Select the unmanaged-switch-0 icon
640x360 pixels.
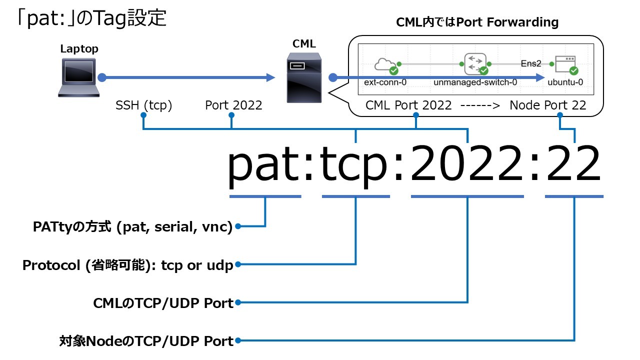pos(475,63)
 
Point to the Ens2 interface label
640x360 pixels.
pos(531,63)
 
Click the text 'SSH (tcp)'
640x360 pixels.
pos(143,105)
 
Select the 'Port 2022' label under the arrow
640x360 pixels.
pos(233,105)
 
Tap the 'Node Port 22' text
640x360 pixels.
pos(547,105)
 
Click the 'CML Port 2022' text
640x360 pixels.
pos(408,105)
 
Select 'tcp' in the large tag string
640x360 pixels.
pos(355,165)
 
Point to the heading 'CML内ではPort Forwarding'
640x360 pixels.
pos(477,22)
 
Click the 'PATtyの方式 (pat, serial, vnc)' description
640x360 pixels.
pos(133,227)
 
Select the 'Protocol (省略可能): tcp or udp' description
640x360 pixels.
pos(128,265)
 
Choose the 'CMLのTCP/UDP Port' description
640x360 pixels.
pos(163,303)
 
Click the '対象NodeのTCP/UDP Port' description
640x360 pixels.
pos(146,341)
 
